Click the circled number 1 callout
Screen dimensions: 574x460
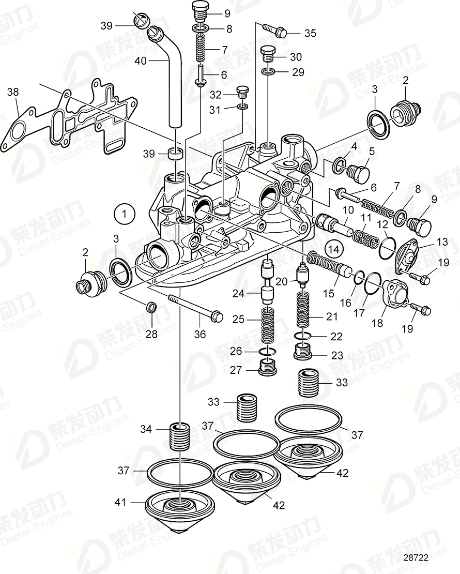pyautogui.click(x=124, y=213)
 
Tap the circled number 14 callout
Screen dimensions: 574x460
pyautogui.click(x=334, y=249)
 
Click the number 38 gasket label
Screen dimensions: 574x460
pyautogui.click(x=13, y=93)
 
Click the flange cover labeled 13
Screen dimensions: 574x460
pyautogui.click(x=409, y=252)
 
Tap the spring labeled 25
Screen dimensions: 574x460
pyautogui.click(x=267, y=325)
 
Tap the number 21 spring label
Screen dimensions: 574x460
pyautogui.click(x=331, y=317)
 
